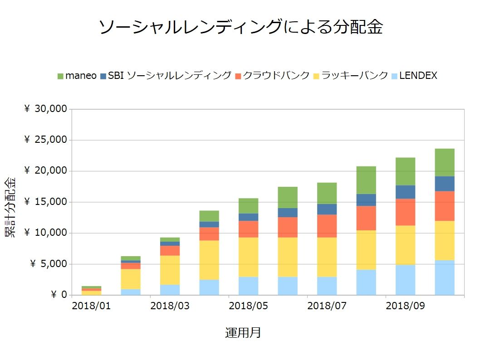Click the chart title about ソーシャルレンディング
click(240, 27)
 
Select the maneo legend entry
click(77, 76)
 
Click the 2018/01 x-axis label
click(91, 306)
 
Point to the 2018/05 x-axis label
click(248, 306)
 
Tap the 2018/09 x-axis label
click(405, 306)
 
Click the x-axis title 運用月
click(243, 333)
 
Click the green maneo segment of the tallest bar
click(445, 162)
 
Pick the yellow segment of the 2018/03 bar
click(170, 270)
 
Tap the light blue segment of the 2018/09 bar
click(405, 280)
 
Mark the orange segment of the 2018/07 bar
click(327, 226)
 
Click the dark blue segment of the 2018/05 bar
click(248, 217)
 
